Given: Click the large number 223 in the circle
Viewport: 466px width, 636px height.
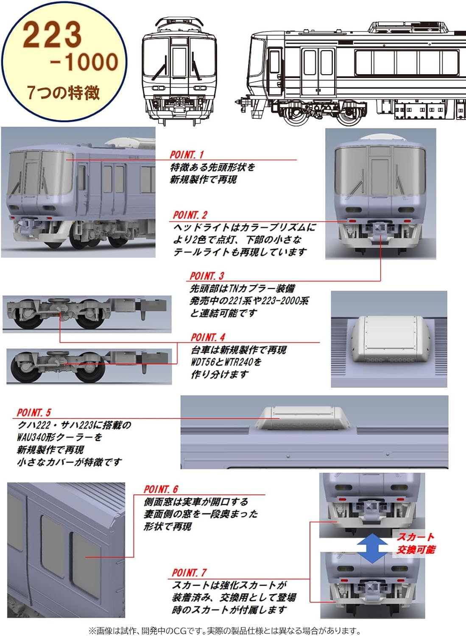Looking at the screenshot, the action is [52, 35].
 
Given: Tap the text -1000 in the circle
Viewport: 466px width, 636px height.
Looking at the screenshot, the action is [84, 61].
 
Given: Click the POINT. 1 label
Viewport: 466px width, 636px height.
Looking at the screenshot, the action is [187, 154].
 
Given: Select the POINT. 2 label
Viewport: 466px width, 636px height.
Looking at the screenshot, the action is [190, 215].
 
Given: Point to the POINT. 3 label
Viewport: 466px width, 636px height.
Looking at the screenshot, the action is [207, 276].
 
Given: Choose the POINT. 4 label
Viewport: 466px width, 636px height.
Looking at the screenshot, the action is [208, 338].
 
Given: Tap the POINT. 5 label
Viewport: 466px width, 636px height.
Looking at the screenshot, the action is [34, 413].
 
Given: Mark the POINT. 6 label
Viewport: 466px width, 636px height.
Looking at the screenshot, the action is [161, 489].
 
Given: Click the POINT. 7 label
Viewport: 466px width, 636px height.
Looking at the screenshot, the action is [189, 573].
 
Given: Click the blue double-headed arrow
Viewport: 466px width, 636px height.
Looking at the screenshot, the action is [372, 549].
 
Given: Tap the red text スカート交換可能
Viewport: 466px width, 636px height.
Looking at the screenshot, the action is [416, 544].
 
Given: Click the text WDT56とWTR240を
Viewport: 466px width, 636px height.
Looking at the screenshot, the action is [226, 362].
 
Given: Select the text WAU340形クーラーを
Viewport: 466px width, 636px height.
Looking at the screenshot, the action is [59, 437].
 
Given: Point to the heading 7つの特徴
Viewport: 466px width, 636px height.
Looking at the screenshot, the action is [64, 93].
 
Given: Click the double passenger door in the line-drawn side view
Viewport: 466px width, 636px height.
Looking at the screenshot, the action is [318, 72].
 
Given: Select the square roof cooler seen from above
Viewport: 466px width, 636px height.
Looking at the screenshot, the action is [389, 340].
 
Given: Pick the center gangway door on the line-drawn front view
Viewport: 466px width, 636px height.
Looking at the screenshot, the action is [179, 62].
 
